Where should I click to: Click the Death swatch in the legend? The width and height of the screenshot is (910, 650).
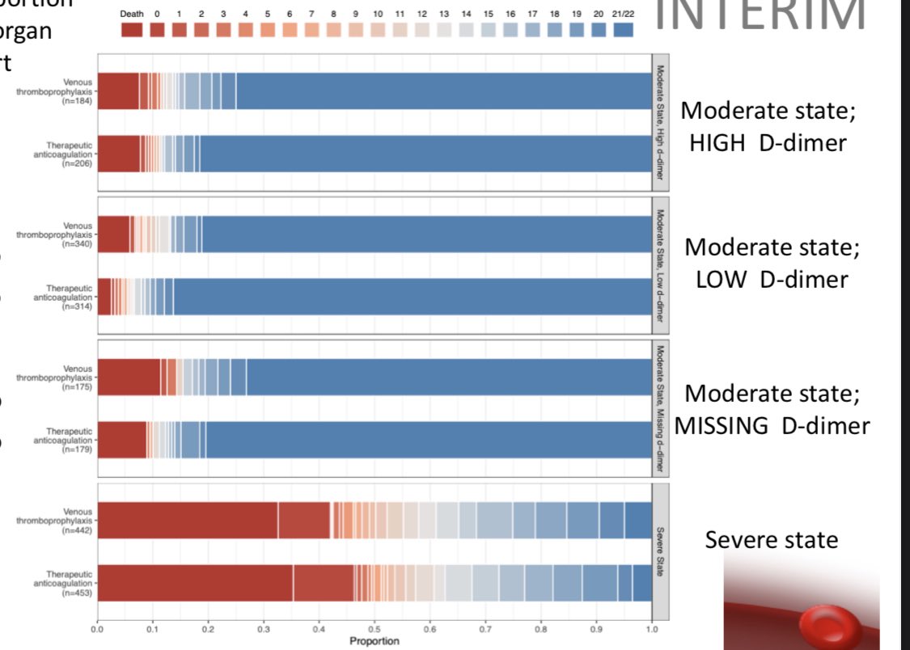pyautogui.click(x=132, y=30)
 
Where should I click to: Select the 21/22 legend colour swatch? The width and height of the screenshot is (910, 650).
pyautogui.click(x=623, y=30)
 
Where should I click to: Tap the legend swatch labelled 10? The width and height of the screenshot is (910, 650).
pyautogui.click(x=379, y=30)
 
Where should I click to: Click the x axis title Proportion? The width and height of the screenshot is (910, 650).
pyautogui.click(x=375, y=640)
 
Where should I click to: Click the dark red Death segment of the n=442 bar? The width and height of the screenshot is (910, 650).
pyautogui.click(x=187, y=520)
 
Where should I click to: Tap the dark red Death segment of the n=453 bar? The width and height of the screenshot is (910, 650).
pyautogui.click(x=194, y=582)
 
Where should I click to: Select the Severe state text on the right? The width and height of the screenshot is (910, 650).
pyautogui.click(x=771, y=539)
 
